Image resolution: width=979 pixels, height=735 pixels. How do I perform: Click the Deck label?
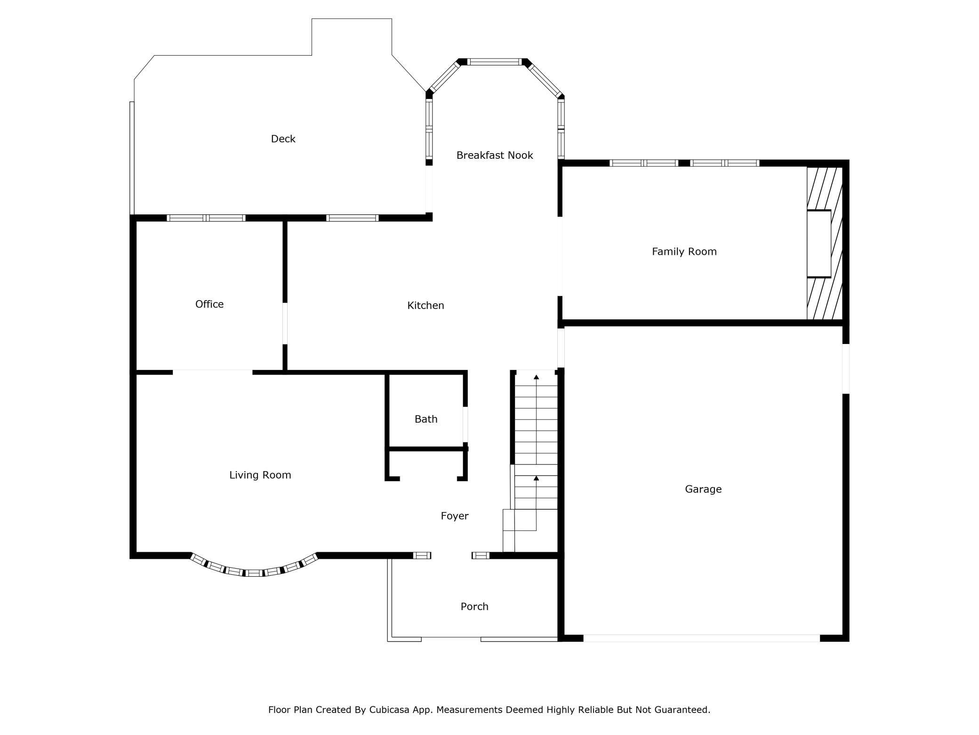coord(283,139)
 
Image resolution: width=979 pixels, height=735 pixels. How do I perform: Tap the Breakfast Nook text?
coord(495,155)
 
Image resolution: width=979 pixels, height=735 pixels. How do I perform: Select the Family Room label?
coord(684,252)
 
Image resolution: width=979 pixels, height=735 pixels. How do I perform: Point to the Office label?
coord(209,304)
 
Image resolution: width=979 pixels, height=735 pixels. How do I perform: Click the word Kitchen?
coord(425,305)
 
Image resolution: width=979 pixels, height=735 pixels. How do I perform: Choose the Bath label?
coord(426,419)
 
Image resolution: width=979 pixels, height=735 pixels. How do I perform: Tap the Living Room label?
coord(260,475)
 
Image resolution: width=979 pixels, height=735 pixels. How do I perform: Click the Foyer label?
coord(455,516)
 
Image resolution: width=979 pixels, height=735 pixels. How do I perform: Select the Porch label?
coord(474,606)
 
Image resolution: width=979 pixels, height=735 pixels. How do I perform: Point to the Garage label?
coord(703,489)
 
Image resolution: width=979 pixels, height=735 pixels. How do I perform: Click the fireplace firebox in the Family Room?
coord(819,244)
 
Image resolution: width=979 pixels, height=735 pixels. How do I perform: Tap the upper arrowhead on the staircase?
coord(536,377)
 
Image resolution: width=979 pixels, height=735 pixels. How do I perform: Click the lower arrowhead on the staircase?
coord(536,478)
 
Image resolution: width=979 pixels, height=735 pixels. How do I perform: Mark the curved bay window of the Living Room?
coord(254,572)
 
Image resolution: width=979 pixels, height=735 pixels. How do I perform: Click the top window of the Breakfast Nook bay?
coord(495,62)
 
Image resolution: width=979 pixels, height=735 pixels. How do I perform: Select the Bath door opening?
coord(465,425)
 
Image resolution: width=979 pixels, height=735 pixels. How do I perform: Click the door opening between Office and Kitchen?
coord(285,323)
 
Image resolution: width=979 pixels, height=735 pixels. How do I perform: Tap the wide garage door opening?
coord(702,638)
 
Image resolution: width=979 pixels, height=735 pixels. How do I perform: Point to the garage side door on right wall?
coord(846,368)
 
